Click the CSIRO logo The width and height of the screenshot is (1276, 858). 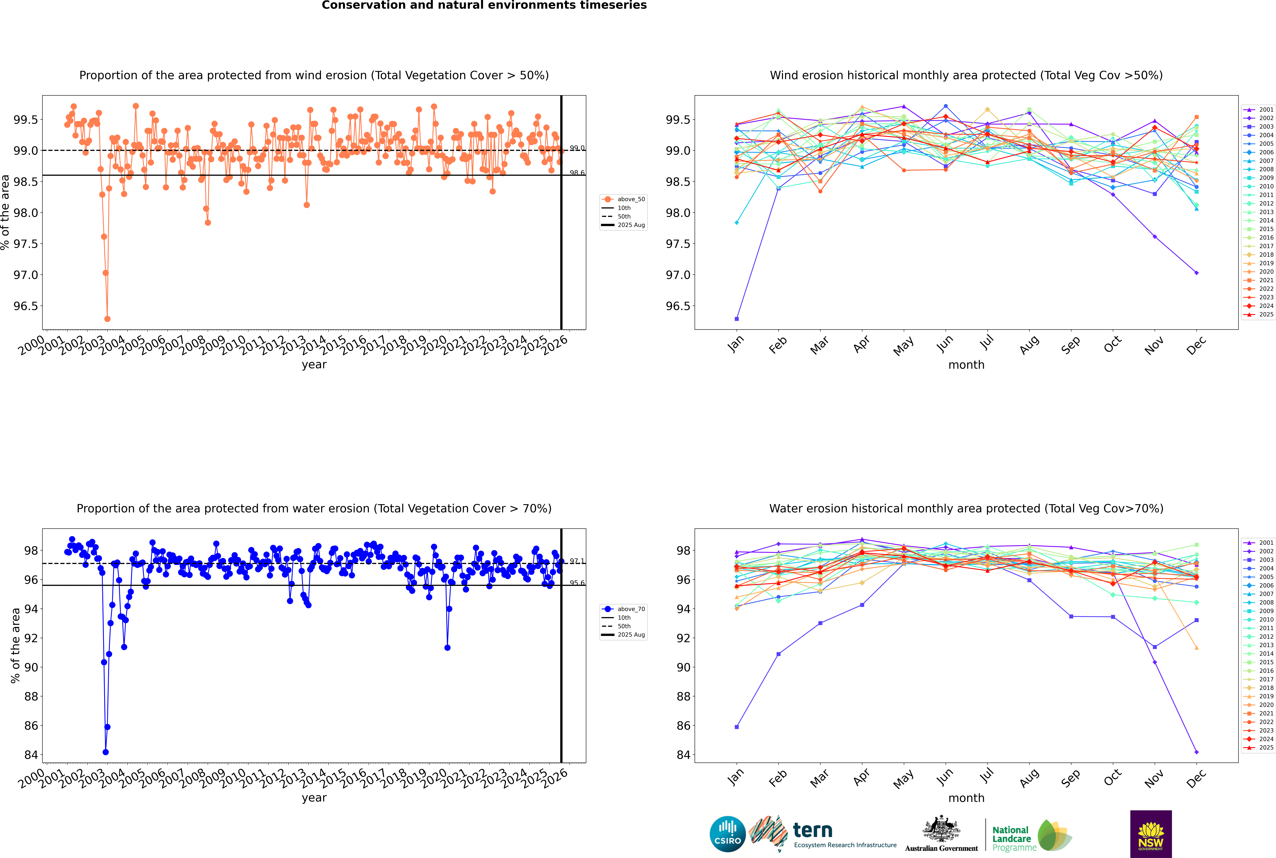(727, 834)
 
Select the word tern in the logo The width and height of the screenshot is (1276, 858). (813, 830)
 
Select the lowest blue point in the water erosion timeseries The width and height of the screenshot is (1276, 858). (106, 752)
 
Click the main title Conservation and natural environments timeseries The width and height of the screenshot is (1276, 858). (484, 5)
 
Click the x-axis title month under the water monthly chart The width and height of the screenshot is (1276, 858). (966, 798)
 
